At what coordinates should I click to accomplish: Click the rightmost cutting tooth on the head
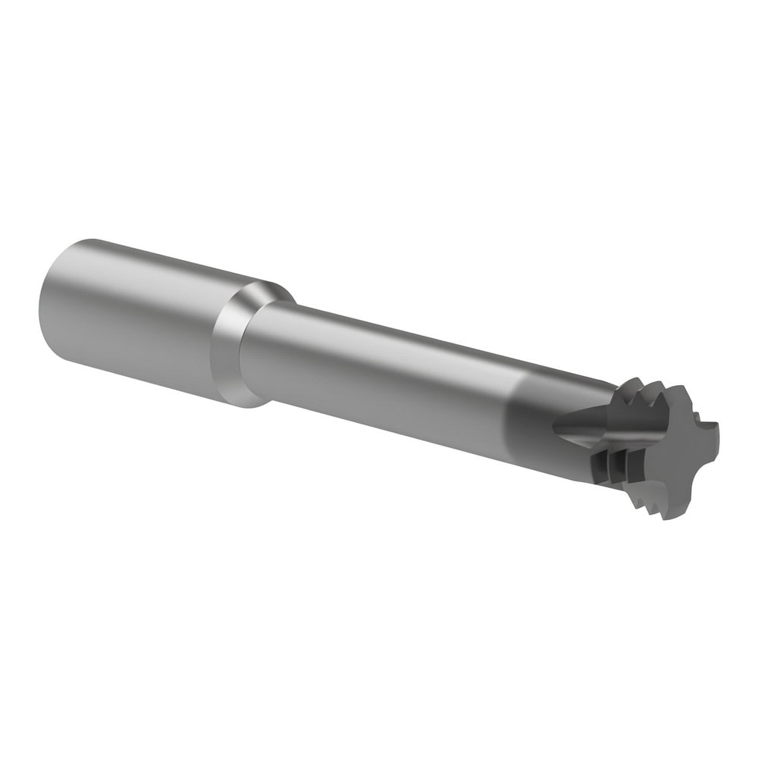click(713, 432)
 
